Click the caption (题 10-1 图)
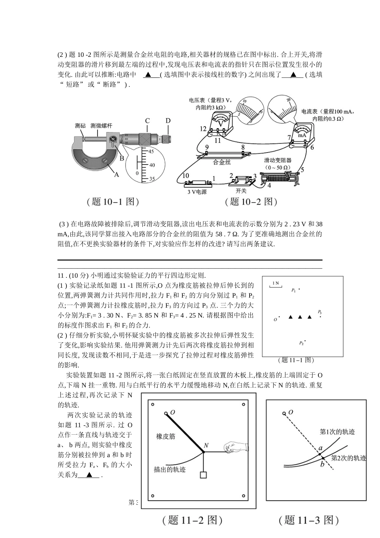[x=113, y=202]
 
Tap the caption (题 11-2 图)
[x=192, y=520]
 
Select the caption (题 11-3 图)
[x=309, y=520]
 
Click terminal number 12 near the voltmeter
[x=203, y=129]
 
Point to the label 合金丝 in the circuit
[x=222, y=162]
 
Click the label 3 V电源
[x=197, y=192]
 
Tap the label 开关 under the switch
[x=241, y=191]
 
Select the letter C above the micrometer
[x=148, y=121]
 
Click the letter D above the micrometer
[x=168, y=120]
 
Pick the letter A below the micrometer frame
[x=117, y=175]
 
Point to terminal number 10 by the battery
[x=185, y=175]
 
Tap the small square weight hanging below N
[x=204, y=475]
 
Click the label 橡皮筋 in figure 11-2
[x=166, y=436]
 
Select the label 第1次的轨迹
[x=338, y=432]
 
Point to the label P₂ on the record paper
[x=302, y=343]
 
